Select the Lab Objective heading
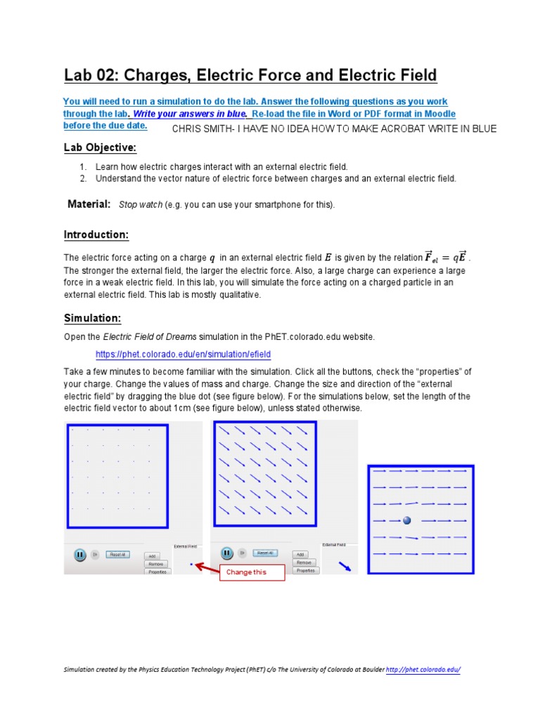(100, 147)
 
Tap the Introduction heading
(96, 235)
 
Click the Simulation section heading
(92, 318)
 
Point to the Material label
(89, 204)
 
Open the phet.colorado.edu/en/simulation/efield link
(183, 355)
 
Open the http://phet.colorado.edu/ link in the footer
(423, 670)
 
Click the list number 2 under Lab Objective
(82, 178)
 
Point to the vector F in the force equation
(432, 256)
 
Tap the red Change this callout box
(246, 572)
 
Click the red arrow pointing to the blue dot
(205, 566)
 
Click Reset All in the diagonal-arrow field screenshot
(264, 553)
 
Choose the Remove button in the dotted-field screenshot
(156, 563)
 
